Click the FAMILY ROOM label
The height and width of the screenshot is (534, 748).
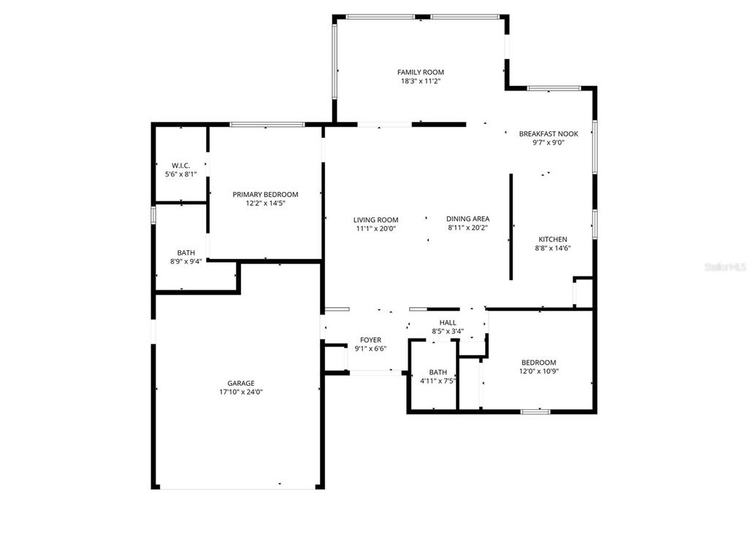420,72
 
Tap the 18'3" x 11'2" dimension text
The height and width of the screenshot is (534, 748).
420,82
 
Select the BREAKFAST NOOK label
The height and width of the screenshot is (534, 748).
548,133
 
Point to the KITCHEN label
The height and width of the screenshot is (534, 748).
552,239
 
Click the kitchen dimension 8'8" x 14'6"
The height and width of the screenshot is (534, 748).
552,248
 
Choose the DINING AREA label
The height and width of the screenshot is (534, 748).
467,219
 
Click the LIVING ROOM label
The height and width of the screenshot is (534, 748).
375,220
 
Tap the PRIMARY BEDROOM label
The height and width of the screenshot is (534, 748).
265,194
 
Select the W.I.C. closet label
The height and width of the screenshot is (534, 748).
180,166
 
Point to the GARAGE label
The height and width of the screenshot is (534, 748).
240,383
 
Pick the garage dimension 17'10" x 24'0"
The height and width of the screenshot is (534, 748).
240,392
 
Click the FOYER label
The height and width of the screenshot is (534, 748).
370,340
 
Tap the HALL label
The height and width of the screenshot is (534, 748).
447,322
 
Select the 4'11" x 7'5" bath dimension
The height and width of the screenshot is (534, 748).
438,380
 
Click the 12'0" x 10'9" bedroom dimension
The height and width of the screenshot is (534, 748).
538,371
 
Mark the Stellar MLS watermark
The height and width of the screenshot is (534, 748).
724,268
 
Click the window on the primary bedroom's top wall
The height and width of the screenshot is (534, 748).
267,125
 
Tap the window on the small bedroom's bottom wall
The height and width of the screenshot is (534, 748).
535,411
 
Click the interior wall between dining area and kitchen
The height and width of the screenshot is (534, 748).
511,226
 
